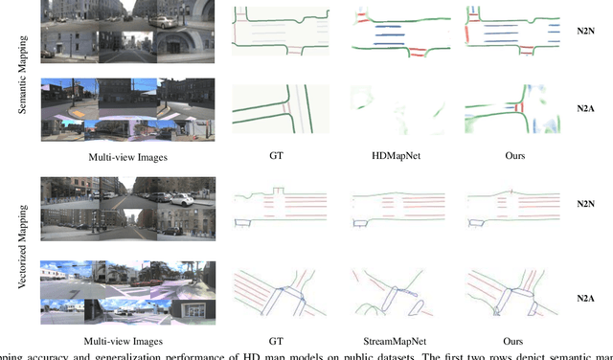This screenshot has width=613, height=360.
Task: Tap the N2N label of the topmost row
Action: point(585,32)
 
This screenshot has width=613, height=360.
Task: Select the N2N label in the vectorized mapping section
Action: point(585,205)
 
